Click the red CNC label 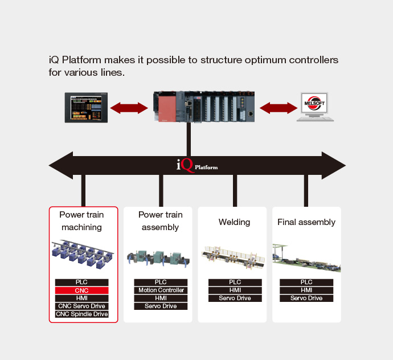click(81, 291)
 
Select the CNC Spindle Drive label click(81, 314)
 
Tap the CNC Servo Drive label click(81, 306)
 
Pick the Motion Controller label click(161, 291)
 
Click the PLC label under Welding click(235, 283)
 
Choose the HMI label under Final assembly click(306, 291)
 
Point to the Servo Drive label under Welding click(235, 298)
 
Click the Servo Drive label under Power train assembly click(161, 306)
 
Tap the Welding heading click(234, 222)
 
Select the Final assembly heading click(306, 222)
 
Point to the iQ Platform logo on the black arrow click(197, 166)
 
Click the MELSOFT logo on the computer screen click(316, 105)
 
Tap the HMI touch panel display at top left click(85, 107)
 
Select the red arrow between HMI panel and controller click(128, 107)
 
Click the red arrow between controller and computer click(278, 107)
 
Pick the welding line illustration click(234, 257)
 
